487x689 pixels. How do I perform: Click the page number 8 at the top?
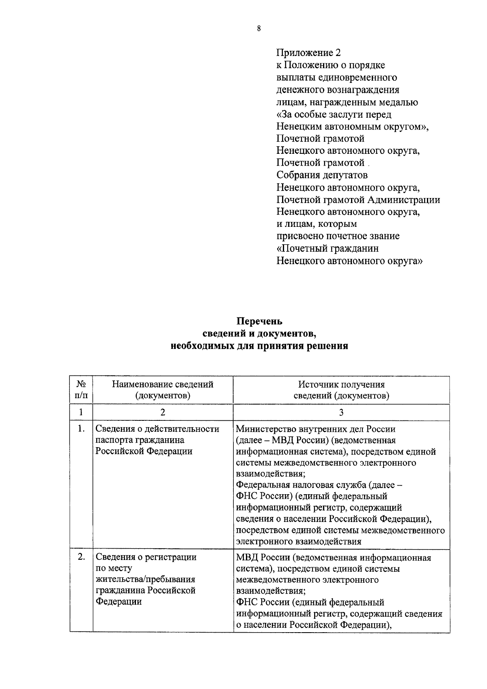[259, 28]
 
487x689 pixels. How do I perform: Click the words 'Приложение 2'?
[308, 53]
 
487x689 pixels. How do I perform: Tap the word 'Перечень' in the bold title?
[259, 321]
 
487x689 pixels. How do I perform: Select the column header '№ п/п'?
[81, 390]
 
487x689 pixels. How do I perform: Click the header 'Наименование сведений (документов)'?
[163, 390]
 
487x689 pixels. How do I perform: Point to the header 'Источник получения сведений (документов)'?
[341, 390]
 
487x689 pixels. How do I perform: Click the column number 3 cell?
[341, 412]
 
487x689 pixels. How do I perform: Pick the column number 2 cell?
[163, 412]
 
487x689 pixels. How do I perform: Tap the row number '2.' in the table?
[81, 557]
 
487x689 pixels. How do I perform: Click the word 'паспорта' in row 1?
[112, 440]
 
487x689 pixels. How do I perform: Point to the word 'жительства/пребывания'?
[145, 579]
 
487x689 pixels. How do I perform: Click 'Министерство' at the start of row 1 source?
[264, 429]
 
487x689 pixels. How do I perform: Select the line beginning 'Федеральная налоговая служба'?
[319, 485]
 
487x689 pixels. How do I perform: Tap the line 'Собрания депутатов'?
[322, 175]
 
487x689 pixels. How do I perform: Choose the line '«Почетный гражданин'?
[328, 248]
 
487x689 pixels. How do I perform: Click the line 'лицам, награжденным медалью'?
[347, 102]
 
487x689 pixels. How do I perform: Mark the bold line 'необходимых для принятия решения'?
[259, 346]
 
